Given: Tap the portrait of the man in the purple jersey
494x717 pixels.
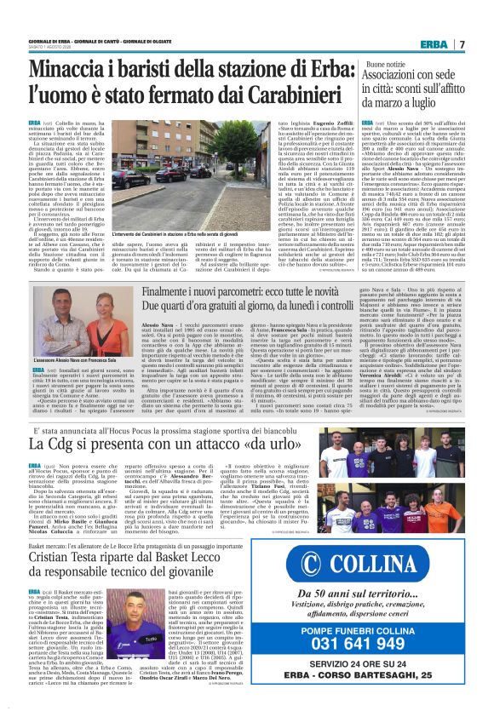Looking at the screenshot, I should click(x=123, y=657).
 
